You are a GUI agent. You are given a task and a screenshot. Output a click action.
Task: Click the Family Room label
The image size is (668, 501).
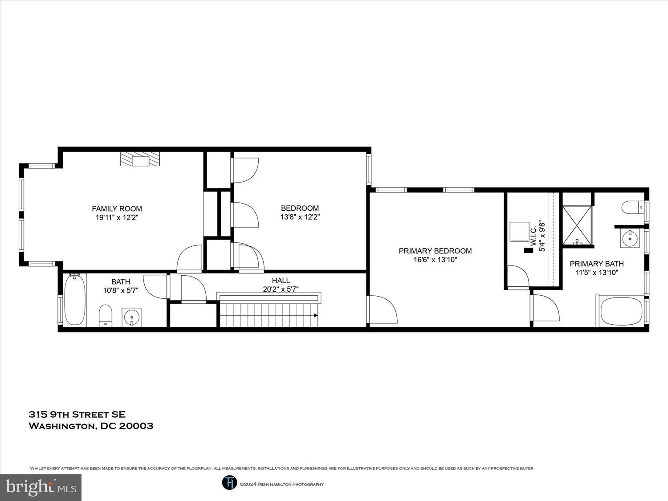pyautogui.click(x=117, y=208)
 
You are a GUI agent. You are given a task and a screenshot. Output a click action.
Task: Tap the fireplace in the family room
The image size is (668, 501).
pyautogui.click(x=140, y=159)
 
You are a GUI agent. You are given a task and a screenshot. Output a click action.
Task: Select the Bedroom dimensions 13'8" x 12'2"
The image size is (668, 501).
pyautogui.click(x=300, y=217)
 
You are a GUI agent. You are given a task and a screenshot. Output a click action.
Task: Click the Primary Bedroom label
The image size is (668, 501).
pyautogui.click(x=435, y=251)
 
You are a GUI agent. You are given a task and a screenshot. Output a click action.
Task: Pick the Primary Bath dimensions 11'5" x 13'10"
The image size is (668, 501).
pyautogui.click(x=597, y=273)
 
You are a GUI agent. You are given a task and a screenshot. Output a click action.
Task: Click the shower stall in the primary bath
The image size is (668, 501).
pyautogui.click(x=577, y=225)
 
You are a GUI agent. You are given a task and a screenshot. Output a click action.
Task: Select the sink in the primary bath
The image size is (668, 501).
pyautogui.click(x=630, y=239)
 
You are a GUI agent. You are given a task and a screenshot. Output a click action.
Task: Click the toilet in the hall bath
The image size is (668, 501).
pyautogui.click(x=105, y=315)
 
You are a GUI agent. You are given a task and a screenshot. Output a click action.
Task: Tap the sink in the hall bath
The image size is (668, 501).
pyautogui.click(x=132, y=317)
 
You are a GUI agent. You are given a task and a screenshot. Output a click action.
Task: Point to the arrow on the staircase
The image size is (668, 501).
pyautogui.click(x=315, y=315)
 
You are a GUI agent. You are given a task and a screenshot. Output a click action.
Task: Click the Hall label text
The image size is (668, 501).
pyautogui.click(x=281, y=280)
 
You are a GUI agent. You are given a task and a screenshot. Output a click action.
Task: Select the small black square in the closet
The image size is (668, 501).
pyautogui.click(x=528, y=250)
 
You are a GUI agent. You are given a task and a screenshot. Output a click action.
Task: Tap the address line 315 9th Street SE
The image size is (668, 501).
pyautogui.click(x=77, y=415)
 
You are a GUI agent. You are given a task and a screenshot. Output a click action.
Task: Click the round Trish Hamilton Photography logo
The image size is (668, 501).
pyautogui.click(x=229, y=483)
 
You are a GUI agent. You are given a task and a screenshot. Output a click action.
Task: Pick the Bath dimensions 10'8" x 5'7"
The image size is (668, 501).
pyautogui.click(x=121, y=290)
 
